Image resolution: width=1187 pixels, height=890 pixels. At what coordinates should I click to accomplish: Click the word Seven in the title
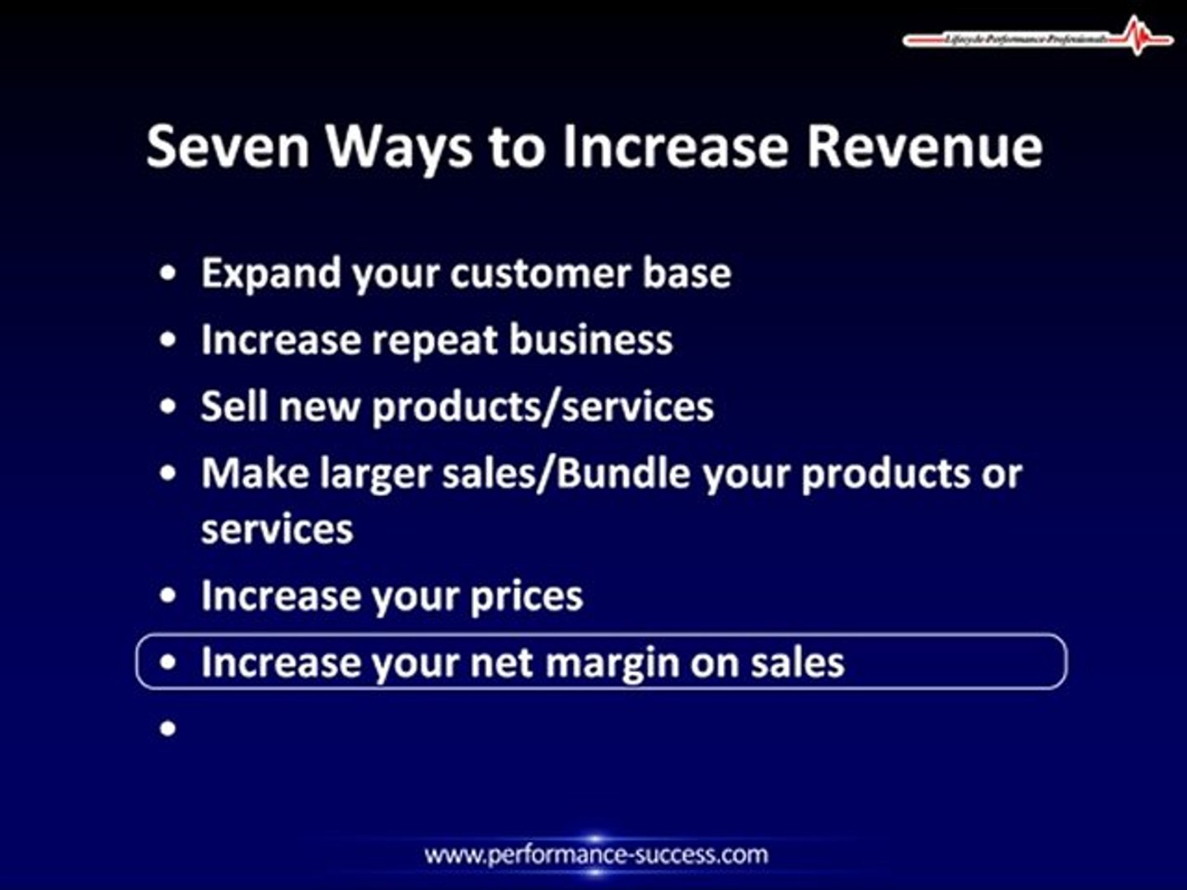pyautogui.click(x=228, y=147)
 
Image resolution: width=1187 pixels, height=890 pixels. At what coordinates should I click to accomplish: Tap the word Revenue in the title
pyautogui.click(x=924, y=147)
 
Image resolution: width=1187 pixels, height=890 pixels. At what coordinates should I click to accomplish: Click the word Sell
pyautogui.click(x=234, y=407)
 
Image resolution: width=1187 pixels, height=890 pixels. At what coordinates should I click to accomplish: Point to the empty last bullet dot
pyautogui.click(x=168, y=728)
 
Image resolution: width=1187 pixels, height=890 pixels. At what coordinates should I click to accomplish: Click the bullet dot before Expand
pyautogui.click(x=168, y=273)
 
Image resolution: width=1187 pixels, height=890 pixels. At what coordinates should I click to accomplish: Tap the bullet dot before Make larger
pyautogui.click(x=168, y=474)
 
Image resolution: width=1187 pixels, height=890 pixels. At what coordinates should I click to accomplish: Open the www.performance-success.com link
pyautogui.click(x=596, y=855)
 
